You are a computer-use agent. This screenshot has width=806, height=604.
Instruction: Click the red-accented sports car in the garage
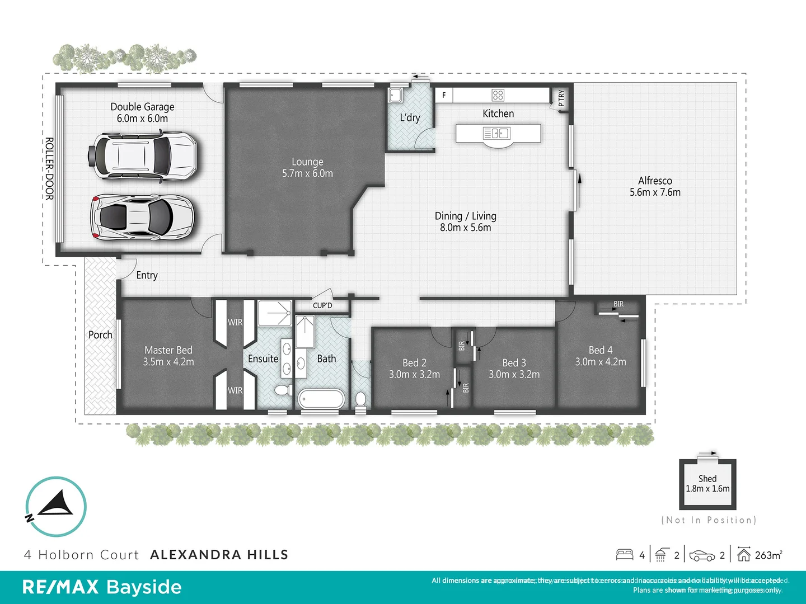pyautogui.click(x=143, y=217)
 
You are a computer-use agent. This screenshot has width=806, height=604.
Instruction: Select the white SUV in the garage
pyautogui.click(x=143, y=155)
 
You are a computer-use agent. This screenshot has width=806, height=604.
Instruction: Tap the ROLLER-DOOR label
pyautogui.click(x=49, y=168)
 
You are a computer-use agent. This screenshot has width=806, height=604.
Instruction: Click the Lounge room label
pyautogui.click(x=307, y=162)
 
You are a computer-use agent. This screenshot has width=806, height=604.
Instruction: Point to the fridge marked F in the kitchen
pyautogui.click(x=444, y=95)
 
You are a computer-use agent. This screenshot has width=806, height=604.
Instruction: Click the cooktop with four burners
pyautogui.click(x=498, y=95)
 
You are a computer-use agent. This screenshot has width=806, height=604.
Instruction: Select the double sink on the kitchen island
pyautogui.click(x=496, y=134)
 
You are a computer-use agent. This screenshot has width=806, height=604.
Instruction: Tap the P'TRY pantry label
pyautogui.click(x=561, y=98)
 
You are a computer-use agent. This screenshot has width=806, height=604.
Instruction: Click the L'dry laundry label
pyautogui.click(x=410, y=117)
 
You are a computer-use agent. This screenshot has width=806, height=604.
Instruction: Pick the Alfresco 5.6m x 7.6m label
pyautogui.click(x=655, y=187)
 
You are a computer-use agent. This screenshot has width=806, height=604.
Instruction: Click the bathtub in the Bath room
pyautogui.click(x=321, y=399)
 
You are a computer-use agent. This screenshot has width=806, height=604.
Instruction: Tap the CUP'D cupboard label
pyautogui.click(x=322, y=305)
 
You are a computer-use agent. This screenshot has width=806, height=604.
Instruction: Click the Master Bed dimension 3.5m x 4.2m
pyautogui.click(x=168, y=362)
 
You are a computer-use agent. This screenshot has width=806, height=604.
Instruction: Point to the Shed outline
pyautogui.click(x=707, y=484)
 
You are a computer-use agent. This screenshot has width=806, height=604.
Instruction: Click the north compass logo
pyautogui.click(x=55, y=507)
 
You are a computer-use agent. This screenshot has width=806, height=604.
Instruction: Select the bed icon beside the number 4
pyautogui.click(x=625, y=555)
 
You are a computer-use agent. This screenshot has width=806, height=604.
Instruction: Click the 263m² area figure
pyautogui.click(x=768, y=555)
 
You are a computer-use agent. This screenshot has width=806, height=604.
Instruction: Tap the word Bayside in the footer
pyautogui.click(x=144, y=587)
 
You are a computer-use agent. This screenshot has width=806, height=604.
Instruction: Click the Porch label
pyautogui.click(x=100, y=335)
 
